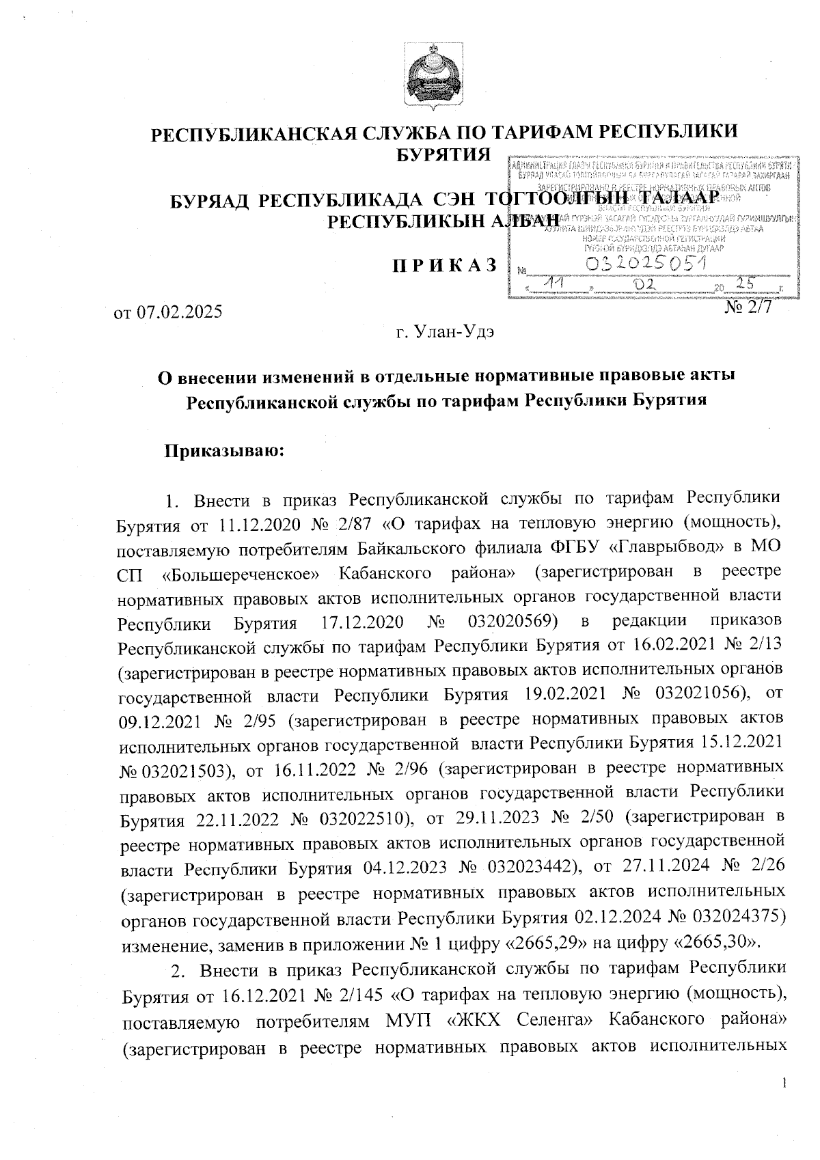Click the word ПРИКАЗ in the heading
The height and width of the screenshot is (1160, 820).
443,266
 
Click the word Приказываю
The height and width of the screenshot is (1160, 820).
223,452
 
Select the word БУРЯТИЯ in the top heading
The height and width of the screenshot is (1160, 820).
443,154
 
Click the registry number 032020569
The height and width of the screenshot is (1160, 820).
510,624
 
